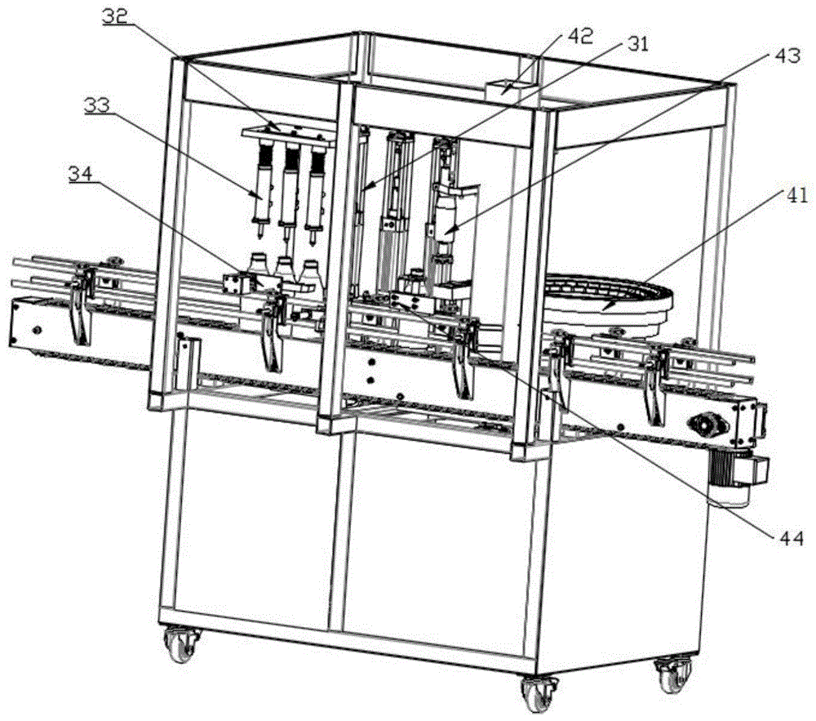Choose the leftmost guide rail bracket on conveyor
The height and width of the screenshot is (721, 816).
(x=81, y=306)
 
